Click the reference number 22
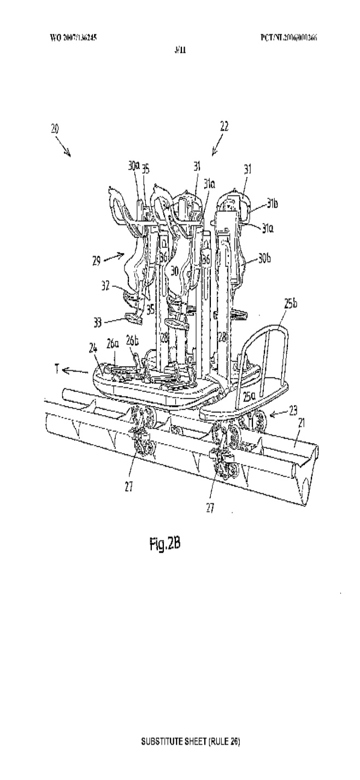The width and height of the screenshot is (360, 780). coord(225,126)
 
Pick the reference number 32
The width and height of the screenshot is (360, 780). coord(108,284)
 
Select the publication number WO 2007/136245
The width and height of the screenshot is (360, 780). coord(75,38)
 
